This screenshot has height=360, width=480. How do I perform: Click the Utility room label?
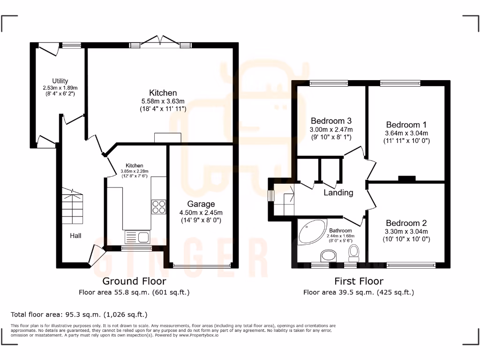pyautogui.click(x=60, y=81)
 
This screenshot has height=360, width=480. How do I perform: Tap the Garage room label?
pyautogui.click(x=201, y=204)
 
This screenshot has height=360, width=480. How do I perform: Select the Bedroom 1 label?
pyautogui.click(x=406, y=125)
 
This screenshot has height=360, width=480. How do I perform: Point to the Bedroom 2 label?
pyautogui.click(x=406, y=223)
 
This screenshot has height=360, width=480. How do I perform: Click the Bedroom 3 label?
pyautogui.click(x=331, y=120)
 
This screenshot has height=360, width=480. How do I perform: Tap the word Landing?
pyautogui.click(x=338, y=193)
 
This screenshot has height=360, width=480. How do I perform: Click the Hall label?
pyautogui.click(x=75, y=235)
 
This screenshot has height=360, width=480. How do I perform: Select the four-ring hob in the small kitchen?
pyautogui.click(x=158, y=207)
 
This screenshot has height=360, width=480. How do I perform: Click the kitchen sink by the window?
pyautogui.click(x=137, y=236)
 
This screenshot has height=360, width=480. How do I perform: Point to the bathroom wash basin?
pyautogui.click(x=329, y=256)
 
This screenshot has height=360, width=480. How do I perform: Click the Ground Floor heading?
pyautogui.click(x=134, y=281)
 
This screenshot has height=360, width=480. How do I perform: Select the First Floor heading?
pyautogui.click(x=359, y=281)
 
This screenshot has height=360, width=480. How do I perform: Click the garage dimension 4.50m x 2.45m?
pyautogui.click(x=201, y=212)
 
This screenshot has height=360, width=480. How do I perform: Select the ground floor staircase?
pyautogui.click(x=72, y=207)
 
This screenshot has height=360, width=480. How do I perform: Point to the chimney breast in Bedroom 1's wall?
pyautogui.click(x=406, y=178)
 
